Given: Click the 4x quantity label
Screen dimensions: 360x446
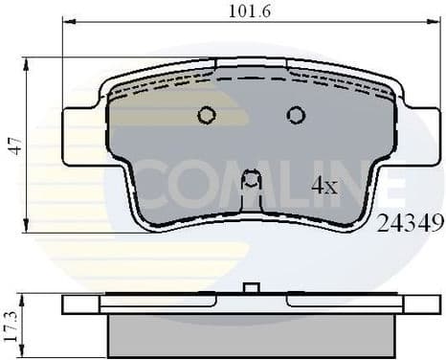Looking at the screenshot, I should pyautogui.click(x=324, y=186).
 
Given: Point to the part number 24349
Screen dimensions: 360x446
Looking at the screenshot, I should pyautogui.click(x=411, y=224).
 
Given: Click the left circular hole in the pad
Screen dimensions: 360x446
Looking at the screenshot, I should pyautogui.click(x=206, y=115).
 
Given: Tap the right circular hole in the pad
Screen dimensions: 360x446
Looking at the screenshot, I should pyautogui.click(x=296, y=115).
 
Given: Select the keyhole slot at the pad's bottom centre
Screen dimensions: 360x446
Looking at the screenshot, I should pyautogui.click(x=251, y=181).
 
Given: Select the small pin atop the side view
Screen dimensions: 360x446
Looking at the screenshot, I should pyautogui.click(x=252, y=287).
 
